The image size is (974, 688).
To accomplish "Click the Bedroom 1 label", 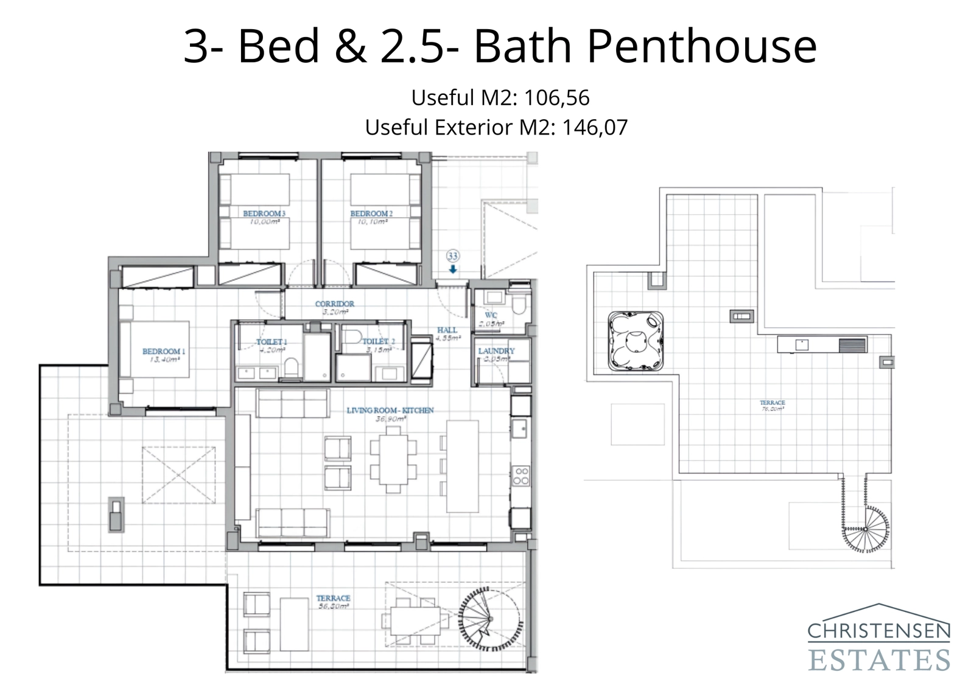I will [x=164, y=351].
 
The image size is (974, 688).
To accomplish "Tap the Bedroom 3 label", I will [x=264, y=214].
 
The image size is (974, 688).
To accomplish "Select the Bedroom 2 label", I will [x=371, y=214].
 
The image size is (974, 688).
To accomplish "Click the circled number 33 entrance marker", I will [x=452, y=256].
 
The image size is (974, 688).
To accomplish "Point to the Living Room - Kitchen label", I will [x=390, y=411].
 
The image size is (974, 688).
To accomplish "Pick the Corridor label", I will [x=334, y=304].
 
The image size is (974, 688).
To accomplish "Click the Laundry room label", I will [x=496, y=351].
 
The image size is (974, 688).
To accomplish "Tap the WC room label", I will [x=491, y=315].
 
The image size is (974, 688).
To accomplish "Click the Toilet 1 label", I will [x=271, y=342].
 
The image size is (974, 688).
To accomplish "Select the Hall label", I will [x=447, y=330].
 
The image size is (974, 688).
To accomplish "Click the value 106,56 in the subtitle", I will [x=556, y=97].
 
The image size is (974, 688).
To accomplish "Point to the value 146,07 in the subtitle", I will [x=594, y=128].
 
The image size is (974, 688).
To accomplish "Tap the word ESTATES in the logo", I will [x=878, y=660].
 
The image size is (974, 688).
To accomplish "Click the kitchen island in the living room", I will [x=462, y=466].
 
